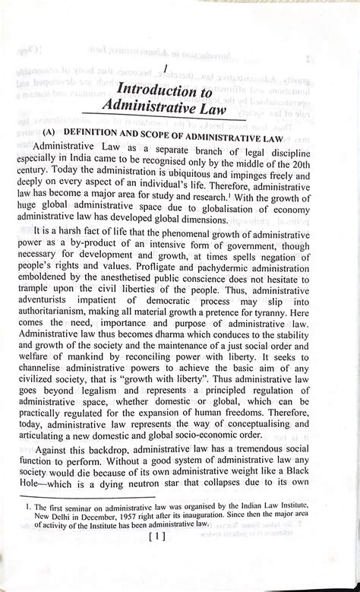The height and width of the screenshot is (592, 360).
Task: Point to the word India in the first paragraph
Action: pos(111,162)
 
